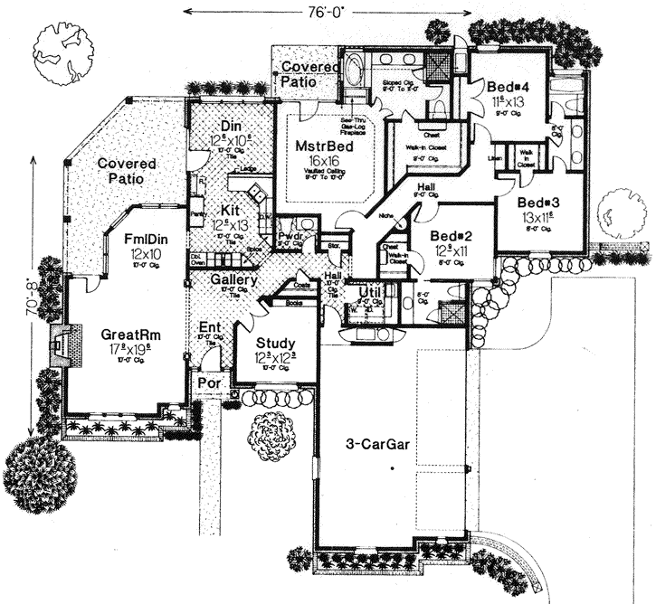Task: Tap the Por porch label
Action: tap(209, 382)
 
